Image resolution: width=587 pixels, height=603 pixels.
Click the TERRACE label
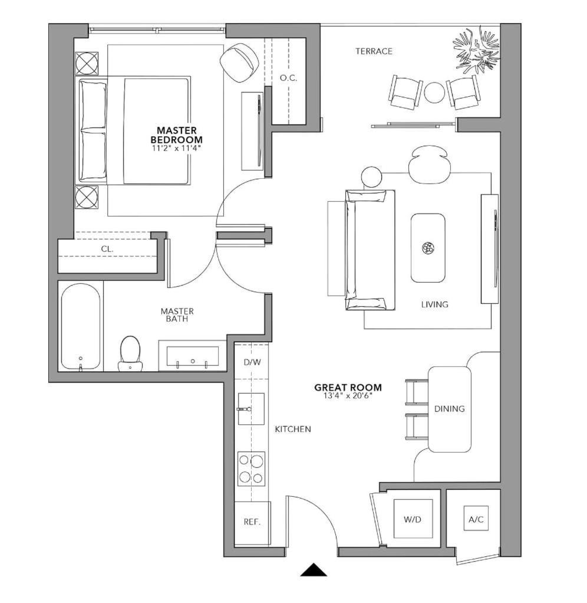(x=374, y=51)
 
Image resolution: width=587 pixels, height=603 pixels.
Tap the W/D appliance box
(x=413, y=519)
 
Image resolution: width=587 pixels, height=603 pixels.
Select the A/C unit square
(x=476, y=519)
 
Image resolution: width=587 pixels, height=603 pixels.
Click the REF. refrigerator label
(x=252, y=522)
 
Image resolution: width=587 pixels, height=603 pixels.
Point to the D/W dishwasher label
(x=252, y=362)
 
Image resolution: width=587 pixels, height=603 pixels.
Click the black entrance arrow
(x=314, y=570)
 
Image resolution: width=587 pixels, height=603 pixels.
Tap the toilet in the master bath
(x=130, y=353)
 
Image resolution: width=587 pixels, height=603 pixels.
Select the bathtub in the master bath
(x=81, y=326)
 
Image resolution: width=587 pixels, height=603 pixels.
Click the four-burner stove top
(x=251, y=469)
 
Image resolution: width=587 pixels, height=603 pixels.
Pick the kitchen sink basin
(x=251, y=409)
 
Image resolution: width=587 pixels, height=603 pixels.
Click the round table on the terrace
(x=434, y=93)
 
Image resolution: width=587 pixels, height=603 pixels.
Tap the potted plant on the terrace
(x=476, y=50)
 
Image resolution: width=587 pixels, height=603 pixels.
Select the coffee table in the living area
(x=428, y=248)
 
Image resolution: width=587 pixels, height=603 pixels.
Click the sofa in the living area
(x=370, y=250)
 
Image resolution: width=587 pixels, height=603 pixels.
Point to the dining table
(x=450, y=409)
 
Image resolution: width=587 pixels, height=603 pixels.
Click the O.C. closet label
(x=288, y=78)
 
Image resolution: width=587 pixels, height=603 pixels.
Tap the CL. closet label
(x=107, y=249)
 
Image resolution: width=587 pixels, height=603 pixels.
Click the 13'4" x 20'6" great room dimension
(x=348, y=395)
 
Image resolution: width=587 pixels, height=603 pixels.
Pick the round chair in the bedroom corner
(x=239, y=63)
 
